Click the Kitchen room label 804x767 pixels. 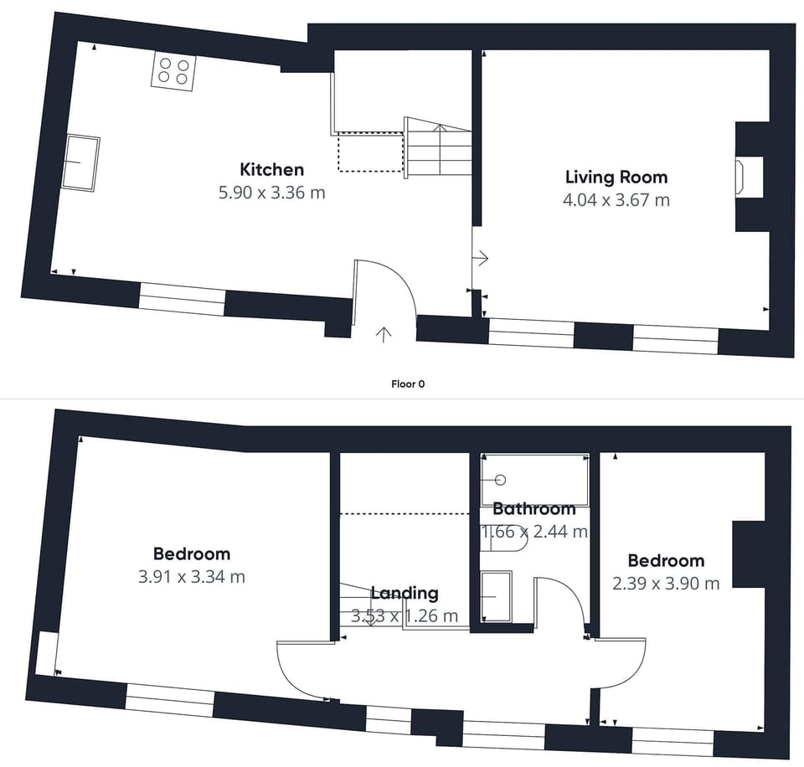[x=271, y=169]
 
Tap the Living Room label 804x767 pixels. [x=616, y=177]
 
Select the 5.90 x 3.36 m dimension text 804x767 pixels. [x=271, y=193]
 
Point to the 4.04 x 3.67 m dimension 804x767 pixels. [x=616, y=200]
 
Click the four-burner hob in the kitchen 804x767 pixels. [x=173, y=71]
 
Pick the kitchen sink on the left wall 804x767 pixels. [x=81, y=163]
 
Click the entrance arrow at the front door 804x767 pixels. [x=384, y=334]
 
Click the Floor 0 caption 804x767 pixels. [x=408, y=384]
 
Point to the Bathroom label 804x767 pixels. [x=534, y=509]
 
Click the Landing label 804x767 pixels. [x=405, y=593]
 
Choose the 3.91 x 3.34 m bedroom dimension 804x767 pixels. [x=191, y=577]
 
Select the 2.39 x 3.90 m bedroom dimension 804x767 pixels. [x=666, y=584]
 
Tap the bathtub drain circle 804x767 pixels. [x=501, y=480]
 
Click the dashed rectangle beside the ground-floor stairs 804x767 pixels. [x=370, y=152]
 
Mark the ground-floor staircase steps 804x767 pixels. [x=439, y=147]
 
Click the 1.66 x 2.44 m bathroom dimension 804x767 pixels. [x=534, y=532]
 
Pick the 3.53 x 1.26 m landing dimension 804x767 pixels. [x=405, y=615]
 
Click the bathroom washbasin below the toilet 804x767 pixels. [x=497, y=597]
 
